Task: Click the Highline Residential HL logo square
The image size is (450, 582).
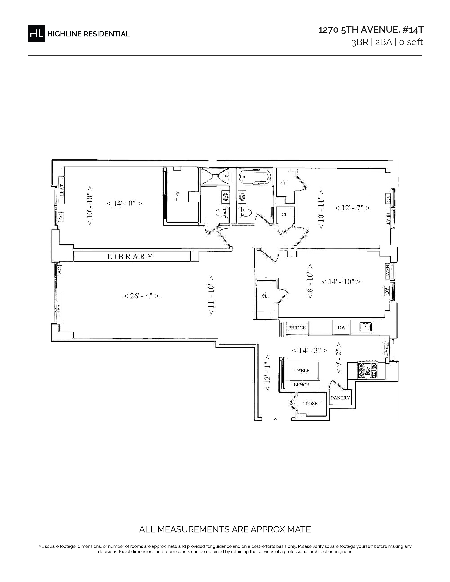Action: (37, 34)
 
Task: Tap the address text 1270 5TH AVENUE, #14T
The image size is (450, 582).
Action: (371, 30)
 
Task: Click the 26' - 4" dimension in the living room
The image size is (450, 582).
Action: (141, 296)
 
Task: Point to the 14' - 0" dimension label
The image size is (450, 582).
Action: (124, 203)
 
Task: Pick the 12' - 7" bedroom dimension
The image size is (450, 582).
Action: (352, 208)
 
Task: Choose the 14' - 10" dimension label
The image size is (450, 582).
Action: (341, 282)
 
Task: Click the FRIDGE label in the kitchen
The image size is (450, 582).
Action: (297, 328)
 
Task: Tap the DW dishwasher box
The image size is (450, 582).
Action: (341, 327)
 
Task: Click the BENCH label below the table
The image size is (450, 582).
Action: (302, 385)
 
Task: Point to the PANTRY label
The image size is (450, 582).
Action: (340, 398)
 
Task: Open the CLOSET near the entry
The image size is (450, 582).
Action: (311, 404)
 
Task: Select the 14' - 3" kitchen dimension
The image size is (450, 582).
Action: (310, 350)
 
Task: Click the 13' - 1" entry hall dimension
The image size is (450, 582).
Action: (267, 372)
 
